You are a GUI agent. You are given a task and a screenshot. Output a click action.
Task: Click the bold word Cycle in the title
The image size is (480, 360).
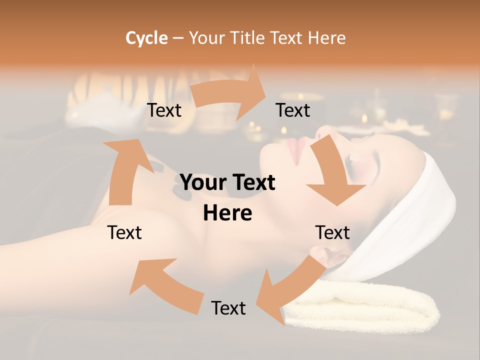click(146, 38)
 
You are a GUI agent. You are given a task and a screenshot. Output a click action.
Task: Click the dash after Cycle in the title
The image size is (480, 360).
click(178, 38)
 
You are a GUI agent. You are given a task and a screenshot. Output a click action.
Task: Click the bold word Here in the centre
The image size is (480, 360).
click(227, 213)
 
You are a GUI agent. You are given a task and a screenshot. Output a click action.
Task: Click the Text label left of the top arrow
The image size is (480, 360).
click(164, 110)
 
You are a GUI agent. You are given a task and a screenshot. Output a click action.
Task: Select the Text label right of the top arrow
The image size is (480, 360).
click(293, 110)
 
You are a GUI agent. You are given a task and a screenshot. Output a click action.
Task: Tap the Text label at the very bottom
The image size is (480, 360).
click(228, 308)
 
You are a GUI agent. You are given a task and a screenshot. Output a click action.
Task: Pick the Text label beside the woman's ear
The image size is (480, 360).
click(332, 232)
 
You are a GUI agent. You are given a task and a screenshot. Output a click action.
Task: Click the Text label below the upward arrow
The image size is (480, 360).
click(124, 232)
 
